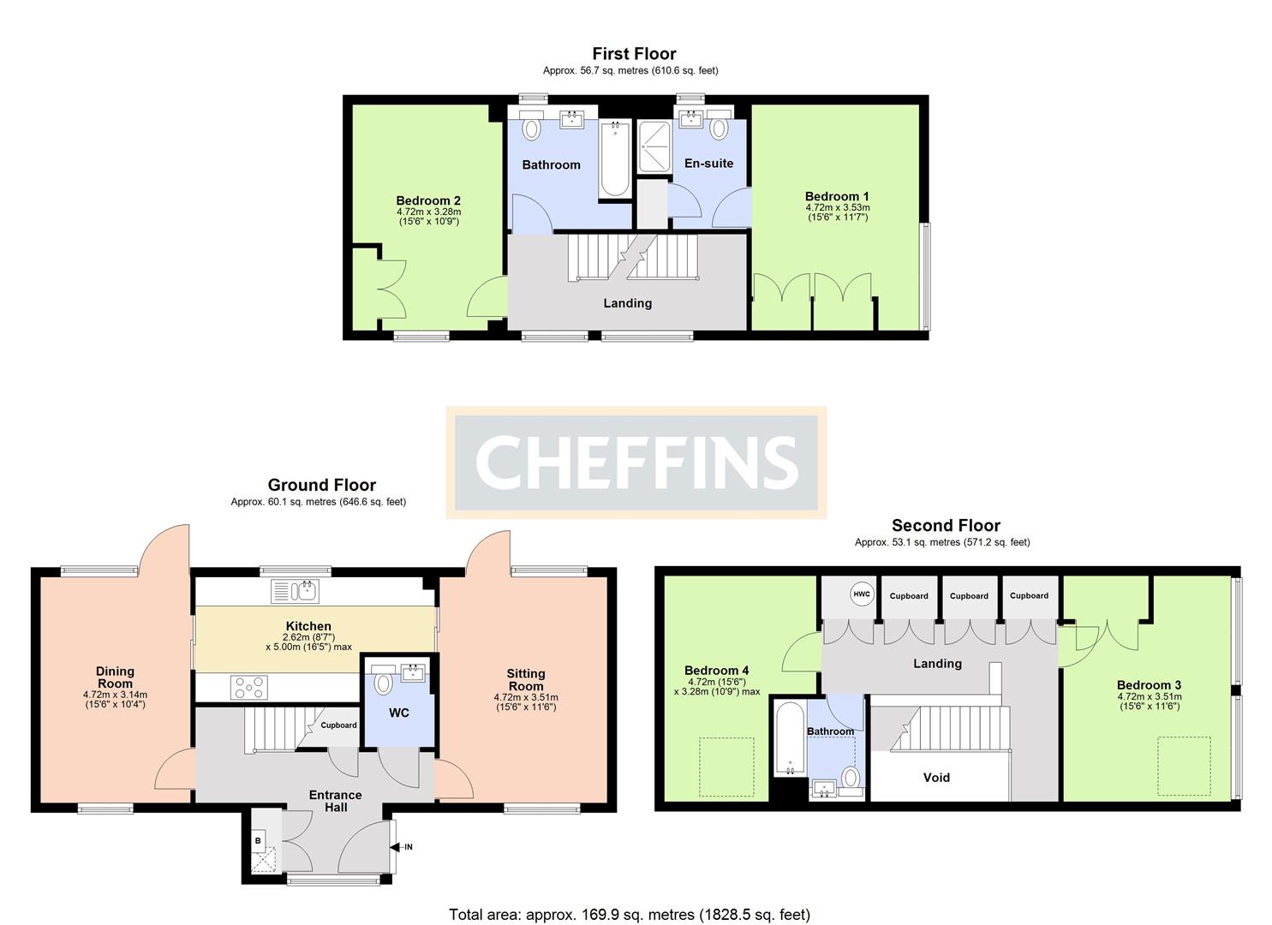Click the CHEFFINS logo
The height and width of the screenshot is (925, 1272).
636,462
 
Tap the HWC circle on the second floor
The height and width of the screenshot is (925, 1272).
861,594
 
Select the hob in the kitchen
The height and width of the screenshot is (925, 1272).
249,687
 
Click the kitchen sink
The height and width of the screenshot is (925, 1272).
295,591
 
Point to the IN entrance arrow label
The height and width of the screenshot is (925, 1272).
406,847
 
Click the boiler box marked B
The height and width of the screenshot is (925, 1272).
258,841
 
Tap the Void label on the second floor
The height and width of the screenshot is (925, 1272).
936,778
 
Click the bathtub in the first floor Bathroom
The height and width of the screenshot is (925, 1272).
614,159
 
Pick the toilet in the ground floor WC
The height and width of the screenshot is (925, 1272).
384,683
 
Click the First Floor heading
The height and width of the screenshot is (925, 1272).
634,54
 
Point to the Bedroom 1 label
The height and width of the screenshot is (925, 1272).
837,196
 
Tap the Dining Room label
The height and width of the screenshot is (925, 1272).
115,677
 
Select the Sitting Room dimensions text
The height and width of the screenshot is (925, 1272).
525,702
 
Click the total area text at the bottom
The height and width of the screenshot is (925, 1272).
629,915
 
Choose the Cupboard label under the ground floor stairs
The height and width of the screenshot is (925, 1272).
338,725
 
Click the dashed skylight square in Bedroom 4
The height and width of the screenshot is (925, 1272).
727,767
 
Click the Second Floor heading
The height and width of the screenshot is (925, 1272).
946,526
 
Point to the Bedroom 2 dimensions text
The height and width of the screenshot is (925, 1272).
428,217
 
